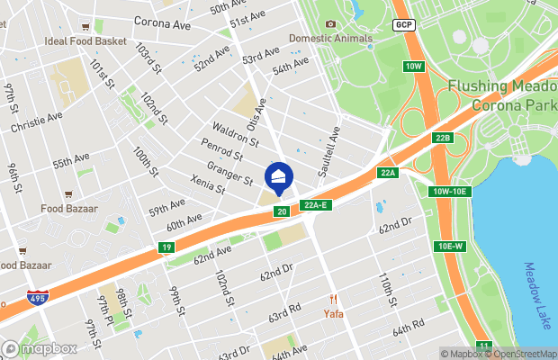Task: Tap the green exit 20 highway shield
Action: [282, 211]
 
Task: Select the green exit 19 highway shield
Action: [166, 247]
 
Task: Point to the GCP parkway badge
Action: [403, 24]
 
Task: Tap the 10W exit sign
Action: [413, 67]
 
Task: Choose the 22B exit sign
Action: [441, 138]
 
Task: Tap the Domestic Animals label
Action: [329, 39]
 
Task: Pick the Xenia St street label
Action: [208, 184]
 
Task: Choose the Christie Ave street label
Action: [37, 122]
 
